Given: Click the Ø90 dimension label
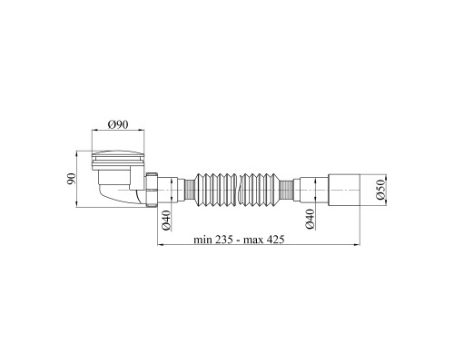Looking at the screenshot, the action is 118,124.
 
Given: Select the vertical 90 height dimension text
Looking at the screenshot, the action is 71,179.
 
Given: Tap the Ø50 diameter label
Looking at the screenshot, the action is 380,190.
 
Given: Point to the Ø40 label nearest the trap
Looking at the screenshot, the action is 166,220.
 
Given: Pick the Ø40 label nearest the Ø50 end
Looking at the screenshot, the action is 310,220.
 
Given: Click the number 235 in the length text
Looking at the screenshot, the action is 224,240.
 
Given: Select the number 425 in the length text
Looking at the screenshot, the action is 275,240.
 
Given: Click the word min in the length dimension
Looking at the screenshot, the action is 202,240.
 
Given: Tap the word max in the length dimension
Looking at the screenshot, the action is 253,240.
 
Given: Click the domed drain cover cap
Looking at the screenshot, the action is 118,154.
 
